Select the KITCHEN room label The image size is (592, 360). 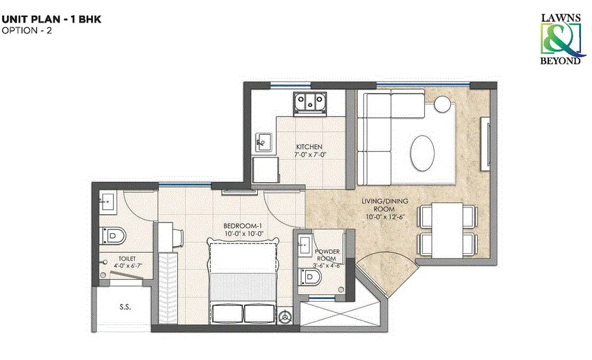pos(309,146)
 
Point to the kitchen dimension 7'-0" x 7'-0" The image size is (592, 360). pos(309,155)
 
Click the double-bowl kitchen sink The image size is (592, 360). pos(310,102)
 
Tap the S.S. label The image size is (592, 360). pos(125,307)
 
